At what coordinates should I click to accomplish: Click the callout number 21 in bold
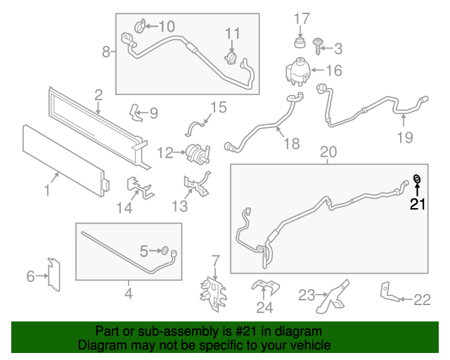[418, 205]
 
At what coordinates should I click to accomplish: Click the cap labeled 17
[300, 44]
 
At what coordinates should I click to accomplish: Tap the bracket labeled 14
[139, 186]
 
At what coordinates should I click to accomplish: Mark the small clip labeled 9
[136, 111]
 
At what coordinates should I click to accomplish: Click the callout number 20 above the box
[328, 152]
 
